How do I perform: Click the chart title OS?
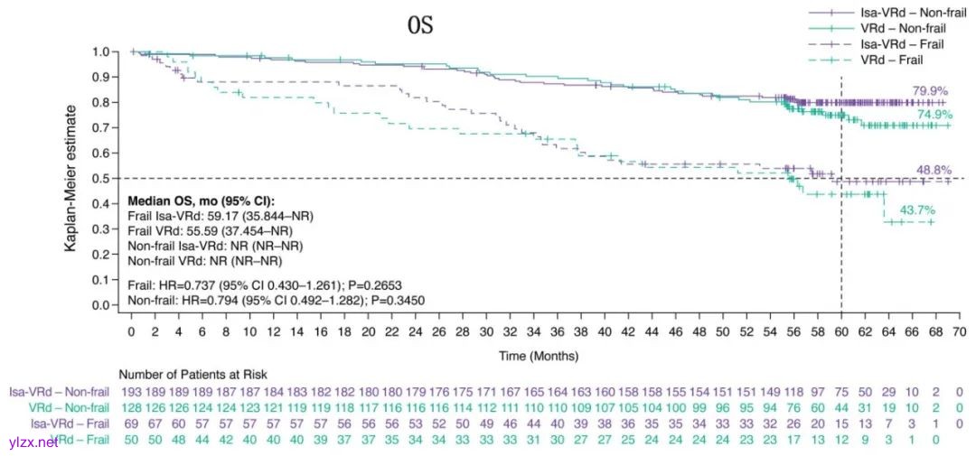click(420, 26)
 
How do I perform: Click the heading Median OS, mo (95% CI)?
click(200, 200)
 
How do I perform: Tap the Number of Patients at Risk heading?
click(192, 374)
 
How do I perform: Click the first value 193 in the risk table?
click(131, 392)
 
